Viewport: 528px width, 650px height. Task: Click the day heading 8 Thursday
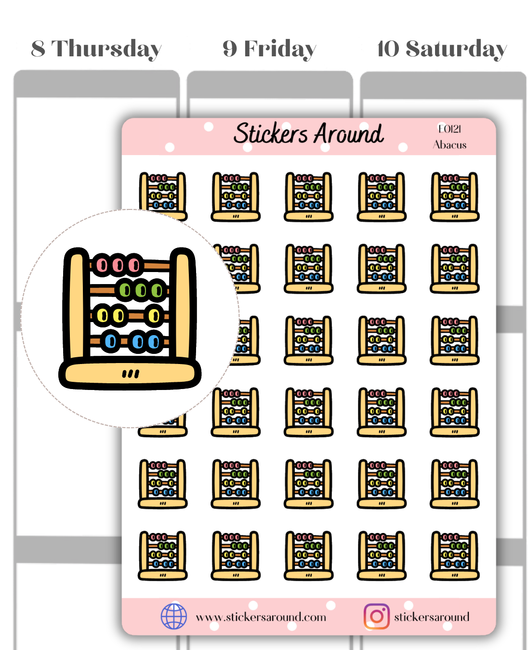pos(96,49)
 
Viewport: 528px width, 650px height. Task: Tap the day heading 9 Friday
pos(269,49)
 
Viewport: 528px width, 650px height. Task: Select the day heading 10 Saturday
pos(442,49)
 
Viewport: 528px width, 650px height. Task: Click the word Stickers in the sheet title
pos(270,133)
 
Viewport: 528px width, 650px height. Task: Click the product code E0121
pos(449,129)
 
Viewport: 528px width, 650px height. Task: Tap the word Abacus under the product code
pos(449,145)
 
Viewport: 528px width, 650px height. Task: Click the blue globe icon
pos(173,616)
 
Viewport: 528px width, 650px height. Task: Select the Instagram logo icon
pos(377,616)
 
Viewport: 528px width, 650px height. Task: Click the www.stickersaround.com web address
pos(261,617)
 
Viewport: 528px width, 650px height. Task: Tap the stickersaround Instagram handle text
pos(431,617)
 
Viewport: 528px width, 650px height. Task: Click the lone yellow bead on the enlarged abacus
pos(154,316)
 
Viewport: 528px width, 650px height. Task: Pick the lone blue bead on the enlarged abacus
pos(111,341)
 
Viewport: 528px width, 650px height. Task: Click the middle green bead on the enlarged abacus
pos(141,290)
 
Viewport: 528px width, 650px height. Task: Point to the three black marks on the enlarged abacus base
pos(131,374)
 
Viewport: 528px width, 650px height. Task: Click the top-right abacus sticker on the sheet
pos(454,196)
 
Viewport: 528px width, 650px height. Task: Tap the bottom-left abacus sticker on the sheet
pos(163,555)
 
